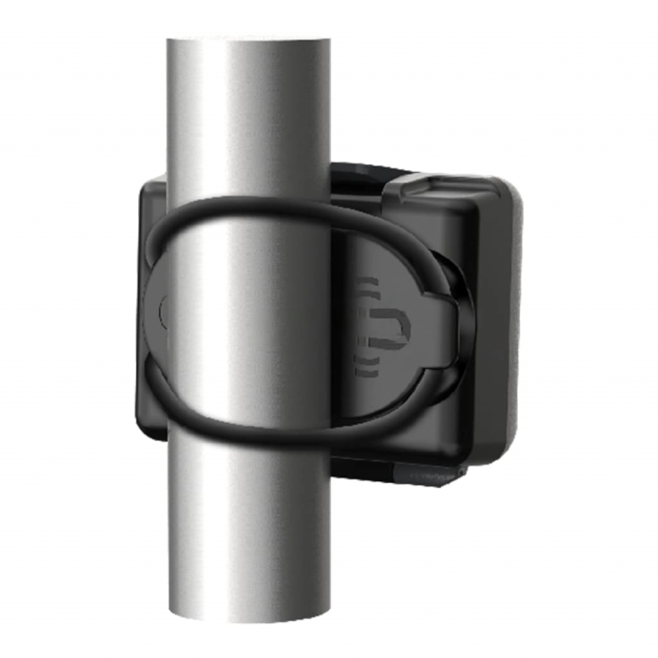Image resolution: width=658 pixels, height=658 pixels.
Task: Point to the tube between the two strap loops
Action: point(249,320)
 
